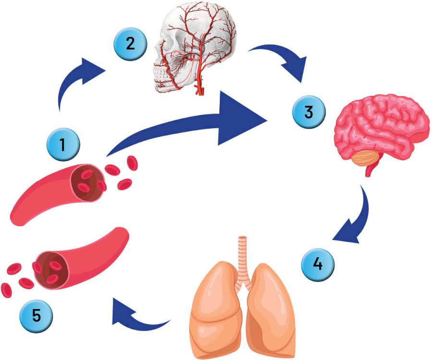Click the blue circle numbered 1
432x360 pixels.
(63, 144)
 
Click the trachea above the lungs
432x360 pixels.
(244, 254)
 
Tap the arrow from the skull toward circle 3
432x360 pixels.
(283, 60)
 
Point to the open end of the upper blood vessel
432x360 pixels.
(87, 181)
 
